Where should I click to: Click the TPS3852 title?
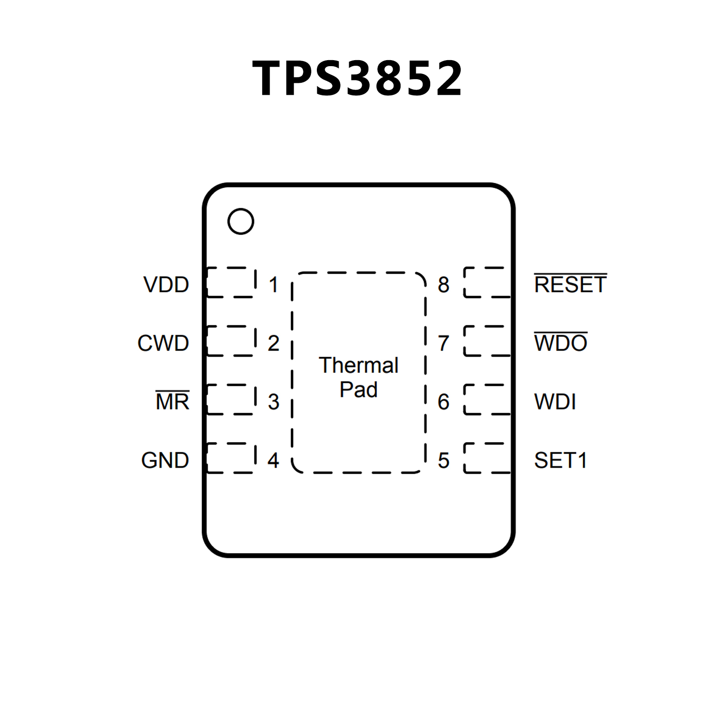coord(357,78)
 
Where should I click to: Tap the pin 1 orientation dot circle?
coord(241,222)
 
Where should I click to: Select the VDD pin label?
coord(166,284)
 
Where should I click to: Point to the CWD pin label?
coord(163,343)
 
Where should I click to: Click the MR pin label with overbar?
coord(173,401)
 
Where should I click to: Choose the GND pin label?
coord(165,460)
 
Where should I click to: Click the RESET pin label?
coord(570,284)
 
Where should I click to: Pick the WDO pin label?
coord(561,343)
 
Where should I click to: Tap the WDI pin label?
coord(555,401)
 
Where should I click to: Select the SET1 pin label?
coord(561,460)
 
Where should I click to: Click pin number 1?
coord(274,284)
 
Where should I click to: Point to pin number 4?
coord(273,460)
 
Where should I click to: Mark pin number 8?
coord(444,284)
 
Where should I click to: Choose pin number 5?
coord(444,460)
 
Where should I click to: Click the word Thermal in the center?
coord(358,365)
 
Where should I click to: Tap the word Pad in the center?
coord(358,389)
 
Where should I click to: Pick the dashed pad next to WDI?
coord(487,399)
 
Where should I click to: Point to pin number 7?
coord(444,343)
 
